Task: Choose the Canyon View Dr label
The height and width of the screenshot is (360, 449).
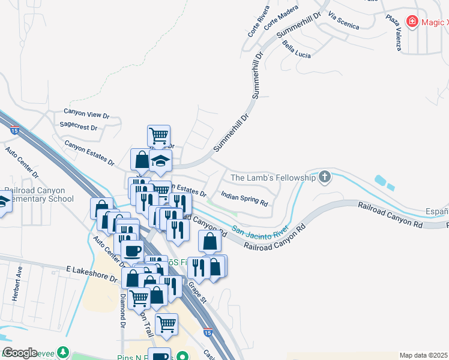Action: pos(86,113)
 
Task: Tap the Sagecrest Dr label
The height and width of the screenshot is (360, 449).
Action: pos(79,127)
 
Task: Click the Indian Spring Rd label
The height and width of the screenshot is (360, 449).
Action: pos(244,198)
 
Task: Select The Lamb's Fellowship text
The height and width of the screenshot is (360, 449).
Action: pos(273,178)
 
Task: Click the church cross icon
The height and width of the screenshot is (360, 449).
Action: pos(325,176)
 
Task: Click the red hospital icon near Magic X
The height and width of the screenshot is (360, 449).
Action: pos(412,23)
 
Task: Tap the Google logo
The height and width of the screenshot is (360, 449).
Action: pos(20,353)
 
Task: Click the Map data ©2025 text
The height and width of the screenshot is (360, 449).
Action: pos(423,355)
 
